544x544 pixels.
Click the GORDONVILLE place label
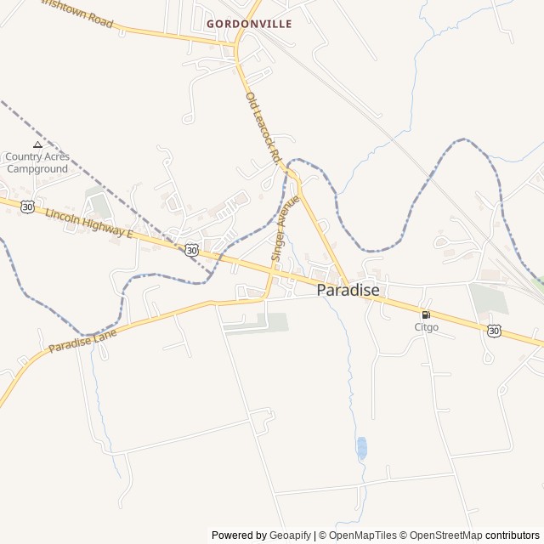click(x=249, y=24)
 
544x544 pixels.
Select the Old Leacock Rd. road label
click(x=263, y=127)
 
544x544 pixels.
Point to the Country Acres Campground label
click(x=37, y=162)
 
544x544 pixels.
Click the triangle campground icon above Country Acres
click(x=37, y=145)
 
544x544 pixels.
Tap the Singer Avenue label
click(x=285, y=228)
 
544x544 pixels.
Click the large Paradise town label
click(x=348, y=290)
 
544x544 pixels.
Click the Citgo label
click(x=426, y=327)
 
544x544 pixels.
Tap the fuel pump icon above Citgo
click(x=426, y=314)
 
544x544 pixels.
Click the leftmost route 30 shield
click(x=28, y=207)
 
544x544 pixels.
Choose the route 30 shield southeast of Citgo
click(x=494, y=331)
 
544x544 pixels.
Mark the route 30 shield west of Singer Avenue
click(x=191, y=250)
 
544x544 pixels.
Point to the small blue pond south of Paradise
click(x=362, y=447)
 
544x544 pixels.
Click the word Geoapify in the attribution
click(x=290, y=535)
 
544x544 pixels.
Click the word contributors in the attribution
click(x=513, y=535)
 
